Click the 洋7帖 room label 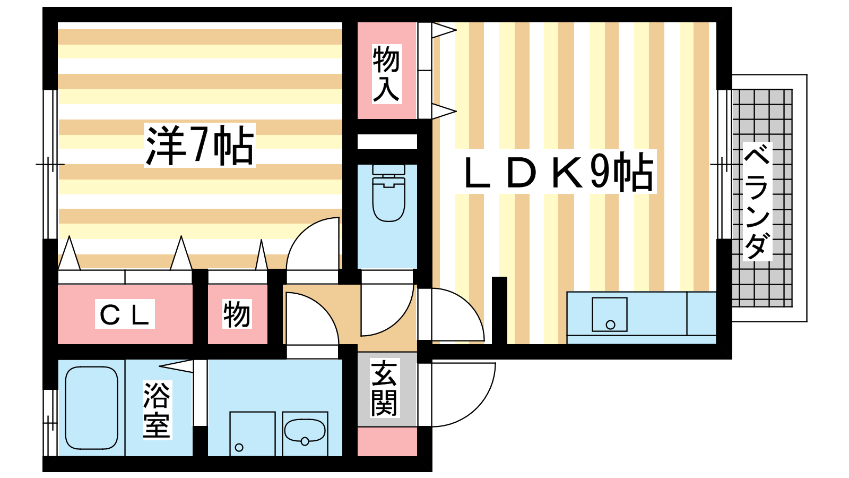200,146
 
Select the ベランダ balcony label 757,201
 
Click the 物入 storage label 387,74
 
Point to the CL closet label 125,314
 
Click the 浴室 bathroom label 157,410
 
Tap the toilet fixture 388,193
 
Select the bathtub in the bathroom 92,408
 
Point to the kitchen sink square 610,314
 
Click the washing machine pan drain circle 239,448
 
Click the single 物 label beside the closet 237,314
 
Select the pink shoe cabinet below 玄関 387,441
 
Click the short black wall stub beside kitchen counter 499,310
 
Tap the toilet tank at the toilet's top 388,169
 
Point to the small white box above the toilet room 387,141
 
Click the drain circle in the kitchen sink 610,325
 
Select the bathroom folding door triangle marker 176,366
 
